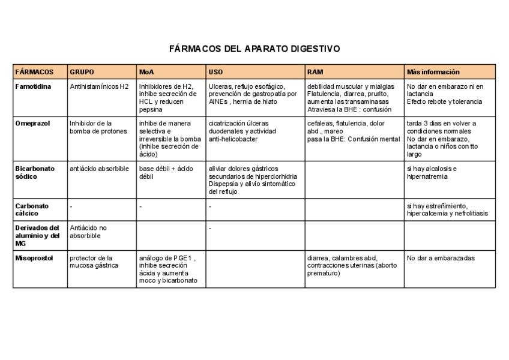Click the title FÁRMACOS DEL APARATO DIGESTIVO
pos(254,48)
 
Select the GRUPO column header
pos(82,72)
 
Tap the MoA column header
pos(146,72)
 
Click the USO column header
pos(215,72)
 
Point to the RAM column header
pos(315,72)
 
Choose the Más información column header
pos(433,72)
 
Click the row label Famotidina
pos(33,86)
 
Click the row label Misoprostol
pos(34,258)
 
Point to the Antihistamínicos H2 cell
pos(100,86)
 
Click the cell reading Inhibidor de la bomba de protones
pos(96,127)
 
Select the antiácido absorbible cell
pos(100,169)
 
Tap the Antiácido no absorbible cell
pos(88,232)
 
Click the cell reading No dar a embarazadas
pos(440,258)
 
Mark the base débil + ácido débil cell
pos(158,172)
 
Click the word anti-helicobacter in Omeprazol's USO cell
pos(233,139)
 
